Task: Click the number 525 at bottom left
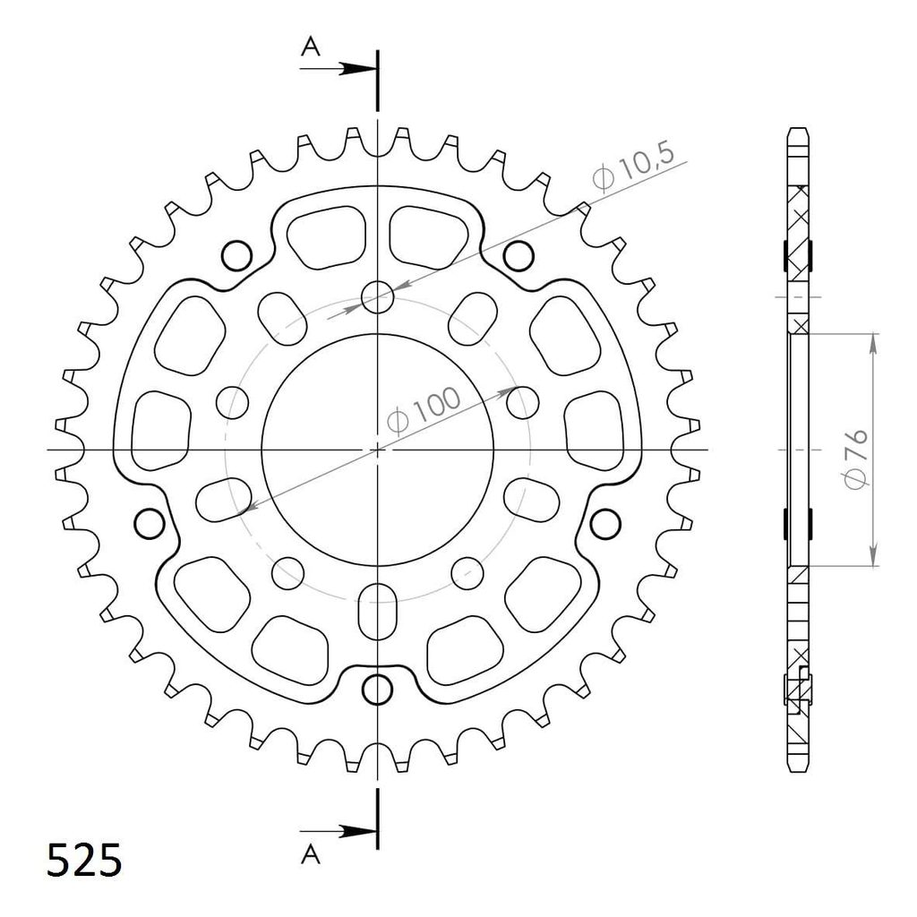click(85, 861)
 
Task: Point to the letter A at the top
click(311, 47)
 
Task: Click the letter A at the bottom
click(311, 854)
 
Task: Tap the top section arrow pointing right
click(339, 69)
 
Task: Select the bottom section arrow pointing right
click(339, 831)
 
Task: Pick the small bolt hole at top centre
click(378, 297)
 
